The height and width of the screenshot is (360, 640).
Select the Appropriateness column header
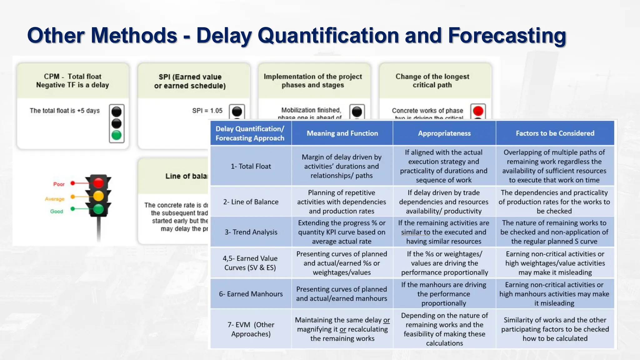[444, 133]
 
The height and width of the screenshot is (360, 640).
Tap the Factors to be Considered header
[555, 133]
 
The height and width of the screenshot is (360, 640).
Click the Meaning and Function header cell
[342, 133]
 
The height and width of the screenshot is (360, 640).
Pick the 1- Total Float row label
[251, 166]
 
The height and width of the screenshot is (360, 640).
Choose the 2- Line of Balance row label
[251, 202]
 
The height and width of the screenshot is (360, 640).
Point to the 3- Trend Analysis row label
[251, 232]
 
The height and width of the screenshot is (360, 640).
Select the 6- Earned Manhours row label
[251, 294]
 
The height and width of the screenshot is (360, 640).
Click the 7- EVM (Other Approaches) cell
[251, 329]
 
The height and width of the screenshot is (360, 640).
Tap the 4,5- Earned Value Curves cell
[250, 263]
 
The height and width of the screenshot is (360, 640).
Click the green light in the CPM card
[117, 135]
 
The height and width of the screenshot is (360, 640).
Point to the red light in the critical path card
[478, 111]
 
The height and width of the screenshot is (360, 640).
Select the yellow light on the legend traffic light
[98, 196]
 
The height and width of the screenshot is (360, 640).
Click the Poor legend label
[59, 184]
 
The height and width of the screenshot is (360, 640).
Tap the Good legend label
[57, 212]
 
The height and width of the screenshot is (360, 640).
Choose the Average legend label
[55, 199]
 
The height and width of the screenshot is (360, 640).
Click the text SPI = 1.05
[207, 111]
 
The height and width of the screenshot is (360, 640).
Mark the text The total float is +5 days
[65, 111]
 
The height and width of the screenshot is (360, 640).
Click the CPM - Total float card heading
[72, 81]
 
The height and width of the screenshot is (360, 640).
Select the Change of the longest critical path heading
[432, 81]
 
